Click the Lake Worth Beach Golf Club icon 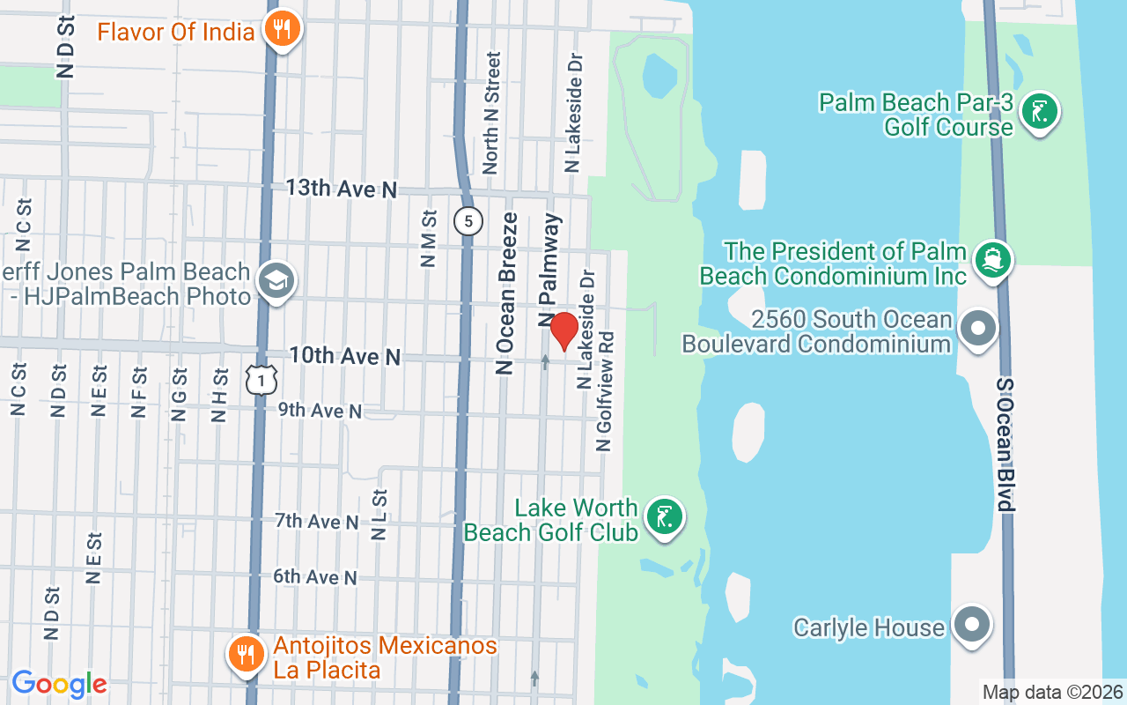coord(665,516)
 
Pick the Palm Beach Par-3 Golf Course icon coord(1040,112)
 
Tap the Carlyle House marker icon coord(972,625)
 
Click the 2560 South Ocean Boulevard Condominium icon coord(976,330)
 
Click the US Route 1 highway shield coord(262,379)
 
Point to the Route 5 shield coord(468,220)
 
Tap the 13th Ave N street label coord(342,189)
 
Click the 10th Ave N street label coord(345,356)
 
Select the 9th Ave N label coord(320,411)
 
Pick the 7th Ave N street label coord(317,522)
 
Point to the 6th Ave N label coord(315,577)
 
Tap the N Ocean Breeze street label coord(506,294)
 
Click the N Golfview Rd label coord(605,385)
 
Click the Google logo coord(59,683)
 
